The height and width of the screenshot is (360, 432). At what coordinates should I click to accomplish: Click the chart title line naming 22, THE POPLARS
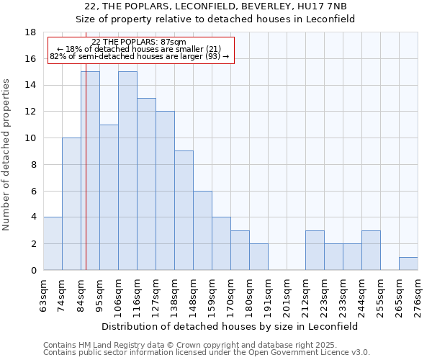click(215, 6)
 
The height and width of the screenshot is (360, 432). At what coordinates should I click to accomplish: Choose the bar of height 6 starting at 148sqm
click(202, 230)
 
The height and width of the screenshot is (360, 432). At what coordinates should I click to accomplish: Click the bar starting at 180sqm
click(258, 257)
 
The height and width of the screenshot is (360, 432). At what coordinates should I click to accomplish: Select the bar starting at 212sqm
click(315, 250)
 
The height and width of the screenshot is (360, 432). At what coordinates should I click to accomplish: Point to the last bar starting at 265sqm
click(408, 264)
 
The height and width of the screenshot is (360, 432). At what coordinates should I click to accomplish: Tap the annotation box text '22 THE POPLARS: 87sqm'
click(139, 42)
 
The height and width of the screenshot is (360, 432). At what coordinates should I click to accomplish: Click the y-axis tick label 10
click(30, 138)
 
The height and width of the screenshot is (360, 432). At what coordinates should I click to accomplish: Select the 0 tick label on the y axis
click(33, 271)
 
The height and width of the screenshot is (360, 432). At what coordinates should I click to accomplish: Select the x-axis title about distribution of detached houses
click(230, 326)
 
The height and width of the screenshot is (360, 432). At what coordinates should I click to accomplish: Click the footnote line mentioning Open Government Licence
click(207, 353)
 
